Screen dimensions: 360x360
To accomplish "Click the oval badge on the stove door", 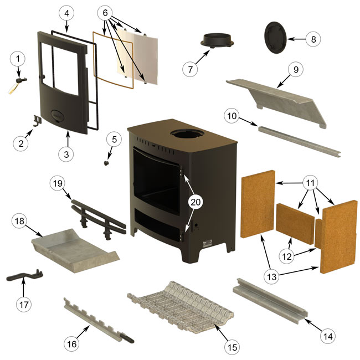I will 58,115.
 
